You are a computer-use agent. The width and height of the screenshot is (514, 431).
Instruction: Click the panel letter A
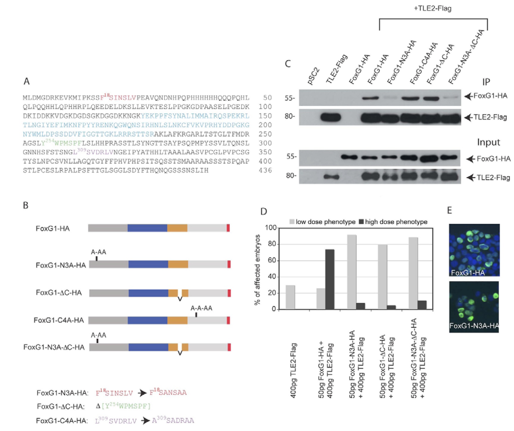26,81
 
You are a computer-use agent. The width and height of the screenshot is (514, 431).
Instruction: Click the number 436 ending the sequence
265,171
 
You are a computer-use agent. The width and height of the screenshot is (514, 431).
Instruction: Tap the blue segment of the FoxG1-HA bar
147,228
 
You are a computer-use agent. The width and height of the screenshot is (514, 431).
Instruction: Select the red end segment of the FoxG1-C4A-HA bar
228,320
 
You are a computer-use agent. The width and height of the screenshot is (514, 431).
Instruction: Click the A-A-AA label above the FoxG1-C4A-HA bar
201,308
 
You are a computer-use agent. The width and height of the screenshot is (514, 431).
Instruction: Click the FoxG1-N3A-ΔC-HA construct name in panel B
54,347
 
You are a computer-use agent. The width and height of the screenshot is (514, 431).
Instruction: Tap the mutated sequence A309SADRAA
173,421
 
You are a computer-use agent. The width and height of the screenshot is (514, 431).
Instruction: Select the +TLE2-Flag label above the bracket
432,8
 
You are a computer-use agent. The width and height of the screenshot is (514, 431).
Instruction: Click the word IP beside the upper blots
486,82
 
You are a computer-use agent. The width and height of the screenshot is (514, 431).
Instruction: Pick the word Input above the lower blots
488,142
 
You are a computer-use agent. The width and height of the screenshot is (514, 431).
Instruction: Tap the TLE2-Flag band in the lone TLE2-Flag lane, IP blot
330,117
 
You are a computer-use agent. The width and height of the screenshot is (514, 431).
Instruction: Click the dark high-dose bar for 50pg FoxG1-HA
330,279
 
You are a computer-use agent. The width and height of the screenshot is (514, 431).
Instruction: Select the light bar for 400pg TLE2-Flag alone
290,297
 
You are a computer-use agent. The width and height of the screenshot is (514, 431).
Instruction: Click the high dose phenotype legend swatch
361,222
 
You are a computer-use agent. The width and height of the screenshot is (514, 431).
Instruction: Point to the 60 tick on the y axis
273,261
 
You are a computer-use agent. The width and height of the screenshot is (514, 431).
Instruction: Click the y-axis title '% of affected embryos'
258,270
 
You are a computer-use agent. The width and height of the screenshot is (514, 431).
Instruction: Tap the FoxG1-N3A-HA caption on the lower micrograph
474,326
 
